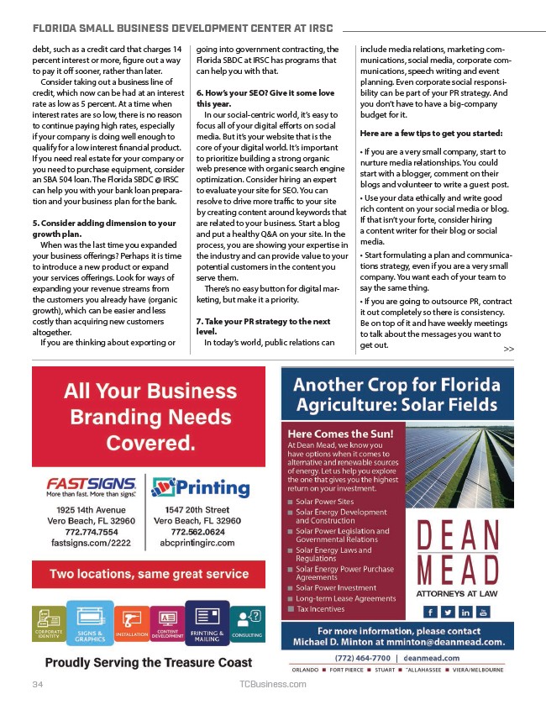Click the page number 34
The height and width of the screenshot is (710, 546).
point(37,685)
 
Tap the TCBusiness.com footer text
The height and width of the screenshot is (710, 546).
point(273,685)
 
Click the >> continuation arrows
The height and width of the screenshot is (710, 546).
point(509,349)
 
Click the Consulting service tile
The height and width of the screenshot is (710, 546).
point(247,625)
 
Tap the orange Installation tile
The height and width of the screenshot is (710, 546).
point(132,626)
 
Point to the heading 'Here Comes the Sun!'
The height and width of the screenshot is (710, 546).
point(334,434)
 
